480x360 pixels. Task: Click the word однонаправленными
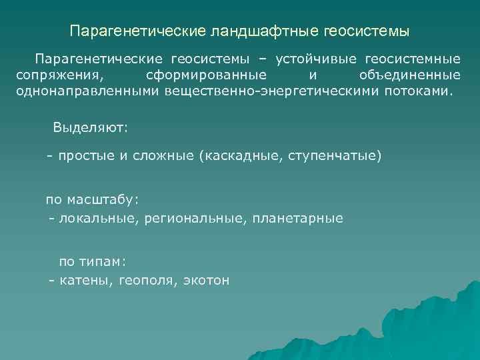pyautogui.click(x=86, y=90)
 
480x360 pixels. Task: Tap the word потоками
pyautogui.click(x=417, y=90)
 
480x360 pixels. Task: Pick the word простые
pyautogui.click(x=82, y=157)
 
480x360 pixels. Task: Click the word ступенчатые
pyautogui.click(x=337, y=157)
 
